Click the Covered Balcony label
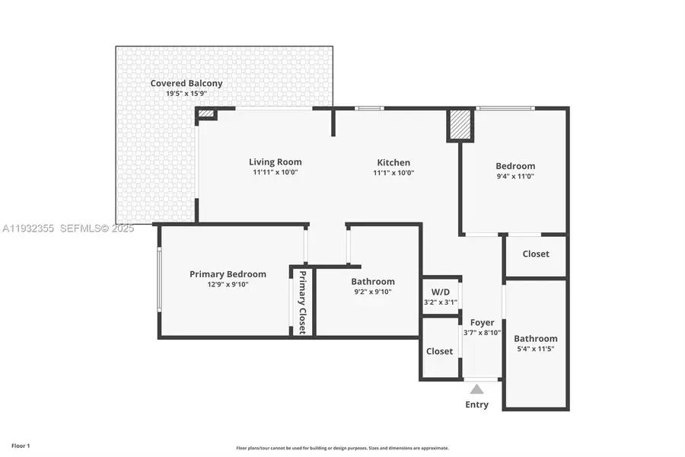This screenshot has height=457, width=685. (x=186, y=83)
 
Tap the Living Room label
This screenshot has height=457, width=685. (x=275, y=161)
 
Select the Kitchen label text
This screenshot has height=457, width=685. (x=393, y=162)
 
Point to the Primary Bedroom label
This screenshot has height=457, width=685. (x=228, y=274)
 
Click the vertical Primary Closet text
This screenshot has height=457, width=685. (x=302, y=302)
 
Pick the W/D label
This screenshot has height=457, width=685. (x=441, y=292)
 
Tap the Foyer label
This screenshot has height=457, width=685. (x=482, y=322)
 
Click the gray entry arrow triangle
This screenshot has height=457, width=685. (x=476, y=389)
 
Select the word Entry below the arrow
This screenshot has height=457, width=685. (x=476, y=404)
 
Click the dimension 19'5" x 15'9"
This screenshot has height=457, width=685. (x=186, y=94)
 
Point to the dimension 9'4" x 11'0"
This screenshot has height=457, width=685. (x=515, y=176)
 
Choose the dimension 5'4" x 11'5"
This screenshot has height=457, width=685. (x=535, y=349)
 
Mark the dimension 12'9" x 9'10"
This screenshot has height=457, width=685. (x=228, y=285)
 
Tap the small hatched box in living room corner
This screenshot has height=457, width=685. (x=206, y=114)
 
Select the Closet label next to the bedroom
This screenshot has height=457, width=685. (x=535, y=254)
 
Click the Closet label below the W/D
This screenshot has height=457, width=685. (x=439, y=351)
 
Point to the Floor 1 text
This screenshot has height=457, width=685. (x=21, y=446)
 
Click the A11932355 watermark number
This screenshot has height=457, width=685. (x=28, y=228)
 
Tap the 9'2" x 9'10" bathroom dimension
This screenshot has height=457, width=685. (x=372, y=292)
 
